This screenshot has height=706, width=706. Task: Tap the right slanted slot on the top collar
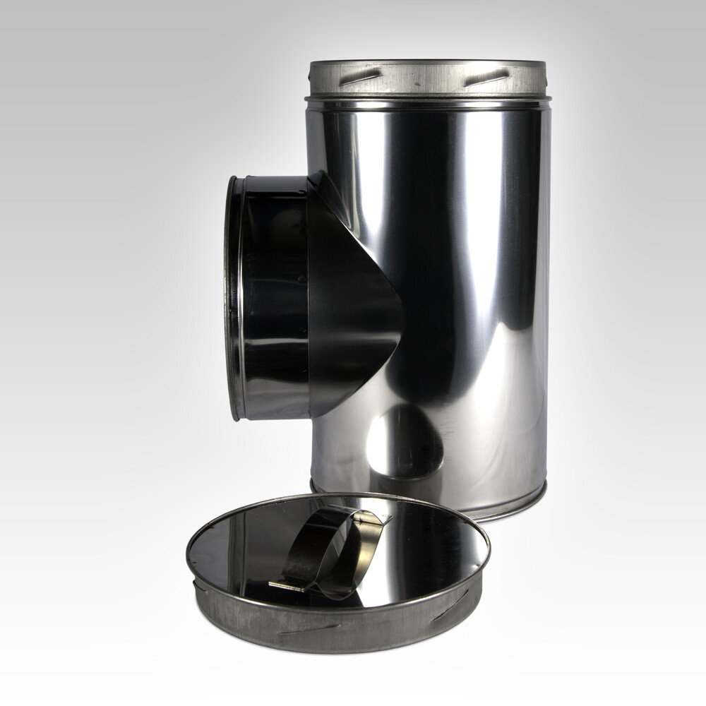(487, 76)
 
